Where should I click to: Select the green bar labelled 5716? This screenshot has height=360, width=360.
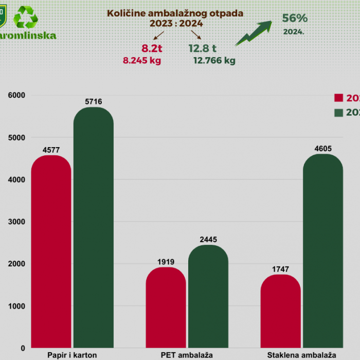[x=94, y=227]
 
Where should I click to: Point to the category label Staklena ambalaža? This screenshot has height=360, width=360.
[x=301, y=355]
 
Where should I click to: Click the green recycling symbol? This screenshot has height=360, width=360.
[x=26, y=16]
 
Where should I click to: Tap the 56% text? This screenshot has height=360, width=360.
[x=295, y=18]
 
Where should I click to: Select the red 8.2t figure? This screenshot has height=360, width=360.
[x=152, y=49]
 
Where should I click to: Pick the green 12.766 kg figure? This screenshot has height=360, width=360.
[x=214, y=61]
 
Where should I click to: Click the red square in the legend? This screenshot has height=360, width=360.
[x=338, y=98]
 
